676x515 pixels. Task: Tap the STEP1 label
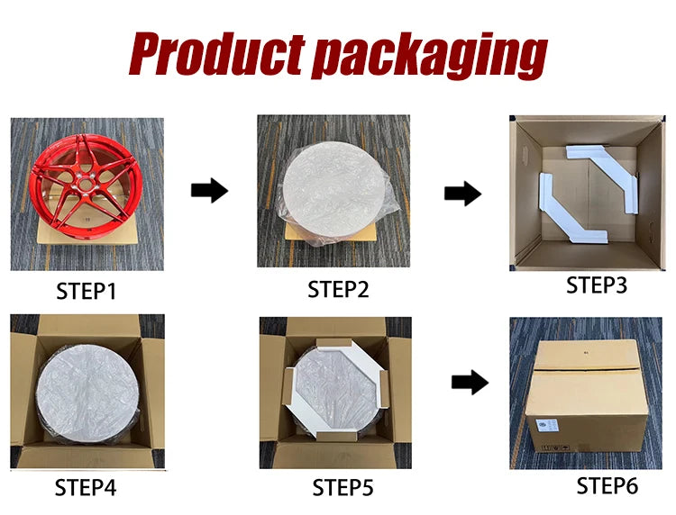coord(87,291)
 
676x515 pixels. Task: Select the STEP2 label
coord(338,289)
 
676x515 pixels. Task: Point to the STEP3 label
coord(597,285)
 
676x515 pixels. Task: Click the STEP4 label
coord(86,488)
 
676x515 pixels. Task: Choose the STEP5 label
coord(343,488)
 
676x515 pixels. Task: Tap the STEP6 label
coord(607,485)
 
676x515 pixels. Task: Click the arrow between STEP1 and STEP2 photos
coord(209,190)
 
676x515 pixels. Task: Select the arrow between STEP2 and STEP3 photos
coord(462,193)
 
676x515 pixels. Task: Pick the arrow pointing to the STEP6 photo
coord(470,382)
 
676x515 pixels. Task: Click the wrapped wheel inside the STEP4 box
coord(88,394)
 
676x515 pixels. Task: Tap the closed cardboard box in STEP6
coord(588,396)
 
